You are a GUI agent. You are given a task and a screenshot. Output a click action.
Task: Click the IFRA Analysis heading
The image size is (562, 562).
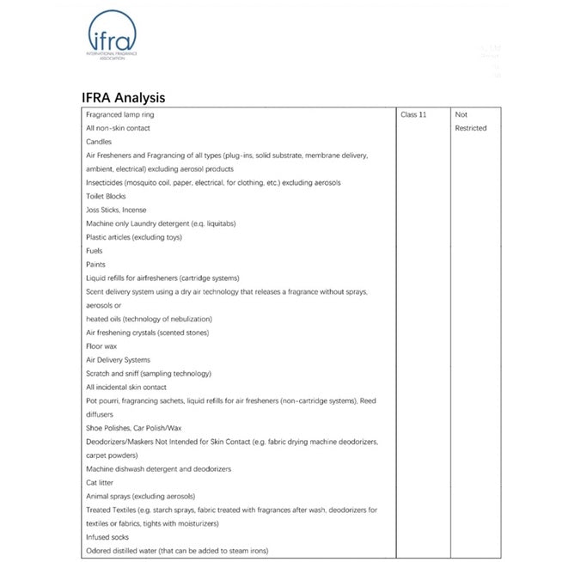[124, 98]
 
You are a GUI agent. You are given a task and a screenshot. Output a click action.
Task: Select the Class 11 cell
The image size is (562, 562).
[413, 114]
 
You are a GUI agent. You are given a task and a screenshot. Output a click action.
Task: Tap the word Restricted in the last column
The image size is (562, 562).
[471, 128]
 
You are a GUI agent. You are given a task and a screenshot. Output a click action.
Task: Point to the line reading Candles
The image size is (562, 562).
[99, 142]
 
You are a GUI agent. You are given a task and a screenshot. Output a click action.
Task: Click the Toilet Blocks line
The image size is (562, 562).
[106, 196]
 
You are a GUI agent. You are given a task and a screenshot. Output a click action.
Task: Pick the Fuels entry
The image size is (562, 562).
[95, 251]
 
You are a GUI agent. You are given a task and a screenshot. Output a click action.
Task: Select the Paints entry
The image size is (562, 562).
[96, 265]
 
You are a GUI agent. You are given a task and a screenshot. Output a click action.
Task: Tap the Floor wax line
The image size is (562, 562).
[101, 346]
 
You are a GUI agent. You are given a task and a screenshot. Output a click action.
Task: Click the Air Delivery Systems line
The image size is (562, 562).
[118, 360]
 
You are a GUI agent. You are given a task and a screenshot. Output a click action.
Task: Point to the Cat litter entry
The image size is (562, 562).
[101, 483]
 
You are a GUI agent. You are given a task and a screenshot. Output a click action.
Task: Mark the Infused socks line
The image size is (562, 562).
[107, 537]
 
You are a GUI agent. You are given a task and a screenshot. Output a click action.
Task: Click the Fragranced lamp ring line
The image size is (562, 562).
[120, 114]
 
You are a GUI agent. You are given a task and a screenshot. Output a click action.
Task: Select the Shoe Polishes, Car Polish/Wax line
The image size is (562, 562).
[133, 428]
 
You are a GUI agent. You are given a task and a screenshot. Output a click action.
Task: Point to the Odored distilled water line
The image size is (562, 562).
[184, 551]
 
